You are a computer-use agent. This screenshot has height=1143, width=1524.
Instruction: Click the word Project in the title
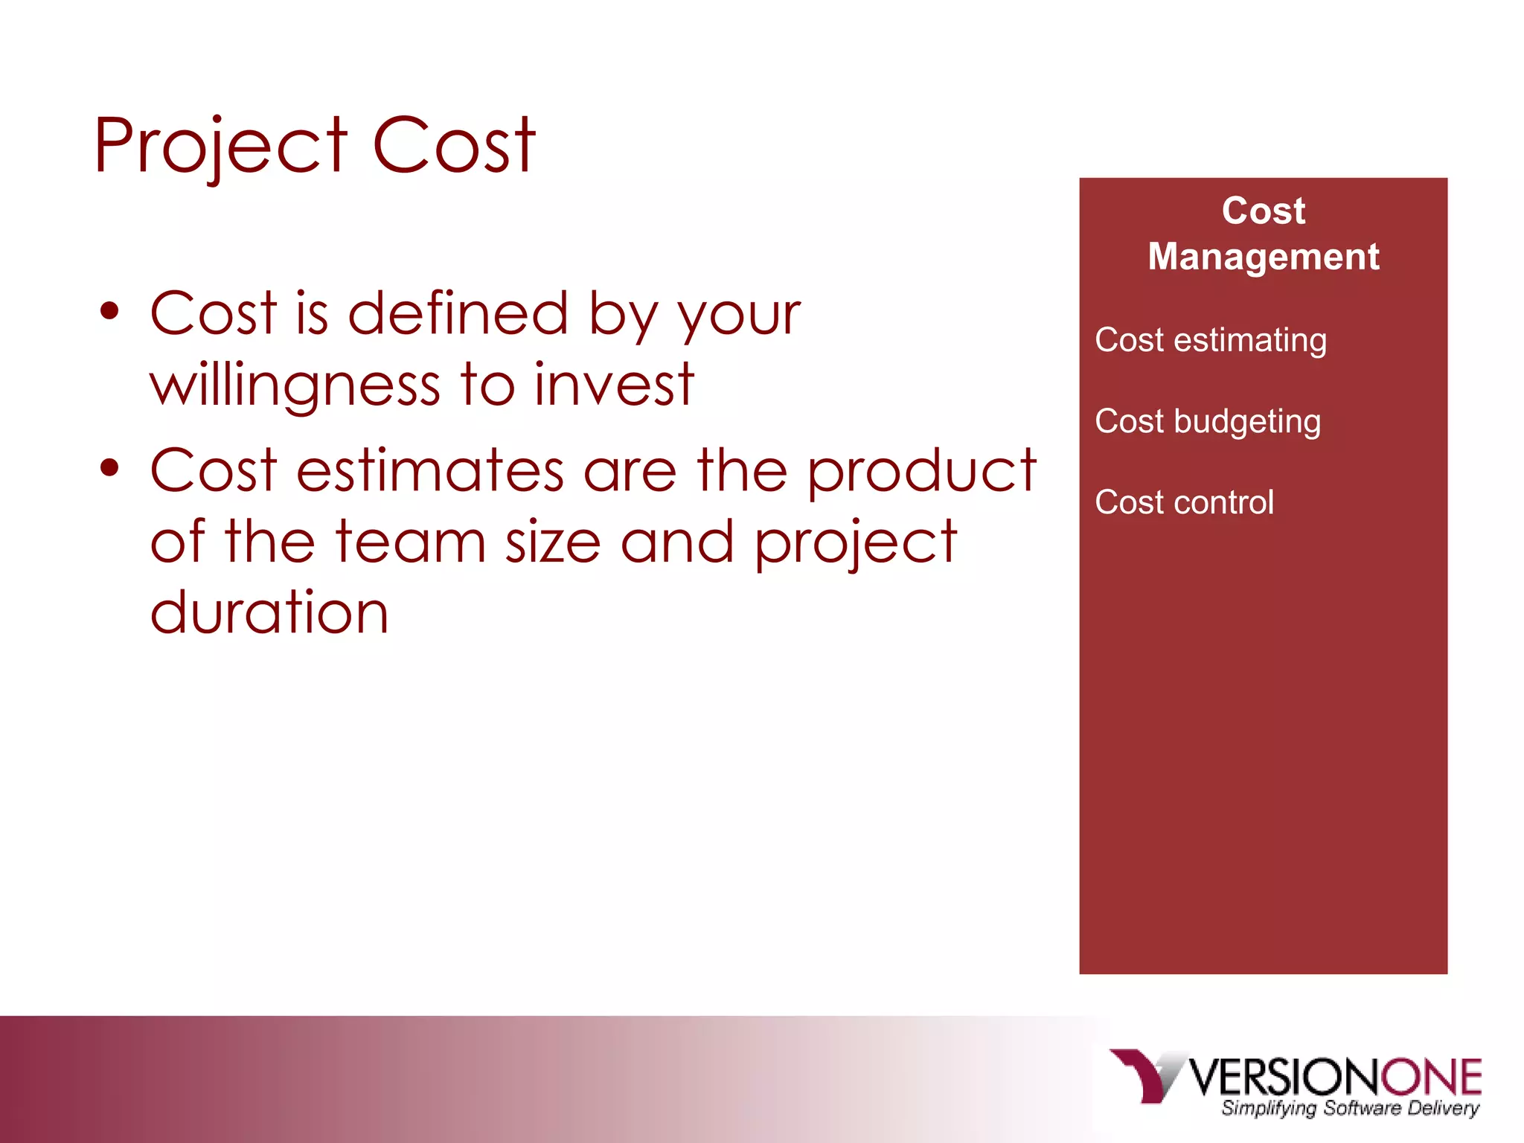click(x=220, y=147)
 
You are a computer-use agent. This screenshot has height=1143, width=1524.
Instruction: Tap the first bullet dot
click(x=110, y=312)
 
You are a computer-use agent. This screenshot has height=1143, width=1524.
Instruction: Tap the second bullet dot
click(x=110, y=469)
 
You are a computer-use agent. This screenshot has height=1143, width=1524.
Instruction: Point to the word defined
click(x=458, y=313)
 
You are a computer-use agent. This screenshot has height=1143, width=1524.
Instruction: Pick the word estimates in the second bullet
click(x=430, y=470)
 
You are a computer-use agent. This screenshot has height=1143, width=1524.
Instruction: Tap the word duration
click(x=269, y=612)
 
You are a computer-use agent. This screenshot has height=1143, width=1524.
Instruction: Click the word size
click(x=552, y=542)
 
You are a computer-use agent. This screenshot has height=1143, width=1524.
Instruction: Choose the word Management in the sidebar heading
click(x=1263, y=257)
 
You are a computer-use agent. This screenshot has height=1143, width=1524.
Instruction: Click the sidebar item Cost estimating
click(x=1211, y=340)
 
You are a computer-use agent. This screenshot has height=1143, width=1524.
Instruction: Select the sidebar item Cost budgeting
click(x=1208, y=421)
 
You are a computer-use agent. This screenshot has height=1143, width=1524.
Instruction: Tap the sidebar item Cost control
click(x=1184, y=502)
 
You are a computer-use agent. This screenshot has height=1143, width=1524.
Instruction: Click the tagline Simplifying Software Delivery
click(x=1349, y=1108)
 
